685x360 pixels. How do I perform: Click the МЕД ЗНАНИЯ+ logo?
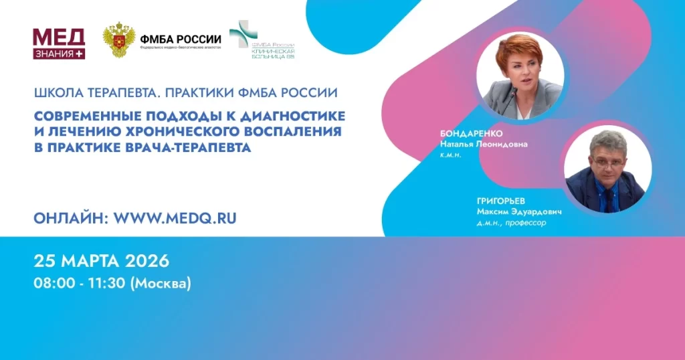[59, 43]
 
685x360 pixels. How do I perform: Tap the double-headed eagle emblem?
[118, 40]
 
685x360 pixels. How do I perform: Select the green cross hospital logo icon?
[242, 34]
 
